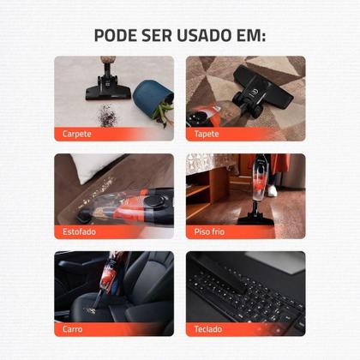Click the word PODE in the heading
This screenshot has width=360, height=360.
pos(117,36)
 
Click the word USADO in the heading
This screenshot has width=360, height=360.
pos(200,36)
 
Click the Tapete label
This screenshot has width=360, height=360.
pos(207,134)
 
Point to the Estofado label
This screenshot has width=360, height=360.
pos(80,231)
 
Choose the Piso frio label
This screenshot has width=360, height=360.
pos(210,231)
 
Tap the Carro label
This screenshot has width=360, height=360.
pos(73,328)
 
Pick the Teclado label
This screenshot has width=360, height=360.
pos(208,328)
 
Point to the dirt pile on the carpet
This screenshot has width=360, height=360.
pos(106,113)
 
